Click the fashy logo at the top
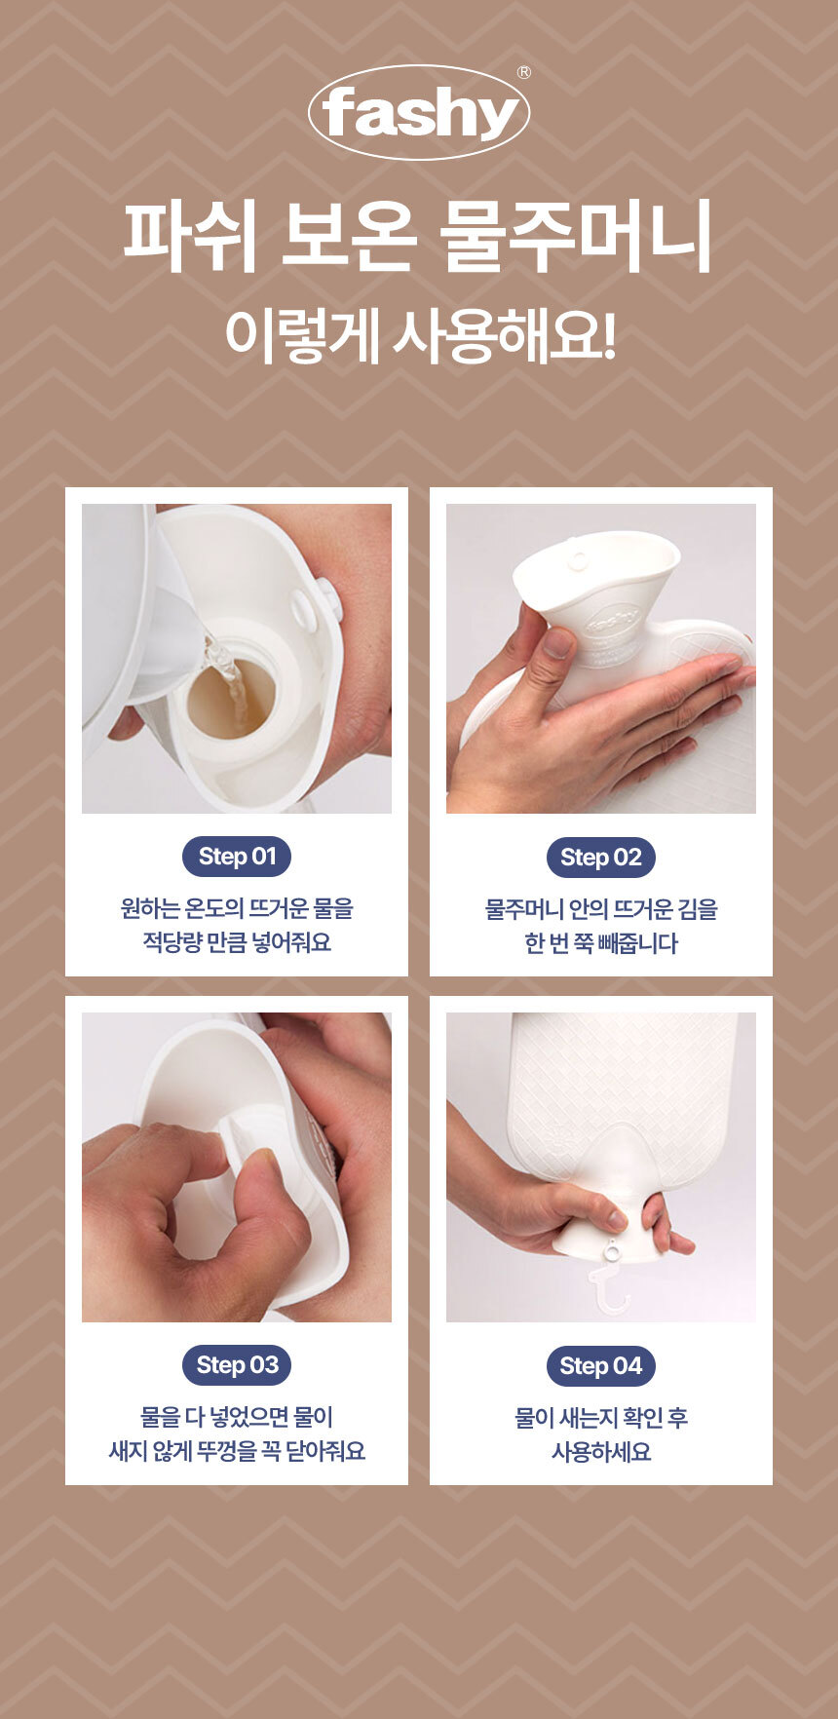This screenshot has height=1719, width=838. click(419, 113)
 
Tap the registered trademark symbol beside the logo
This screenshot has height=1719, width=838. click(524, 72)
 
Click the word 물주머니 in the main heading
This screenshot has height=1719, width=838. click(576, 237)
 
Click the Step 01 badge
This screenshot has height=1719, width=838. click(237, 857)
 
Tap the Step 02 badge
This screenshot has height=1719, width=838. click(601, 858)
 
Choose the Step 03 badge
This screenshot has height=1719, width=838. click(237, 1365)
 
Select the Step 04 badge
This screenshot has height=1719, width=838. click(601, 1366)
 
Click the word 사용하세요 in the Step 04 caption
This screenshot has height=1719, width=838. click(601, 1452)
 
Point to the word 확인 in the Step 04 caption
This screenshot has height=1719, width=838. click(628, 1418)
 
